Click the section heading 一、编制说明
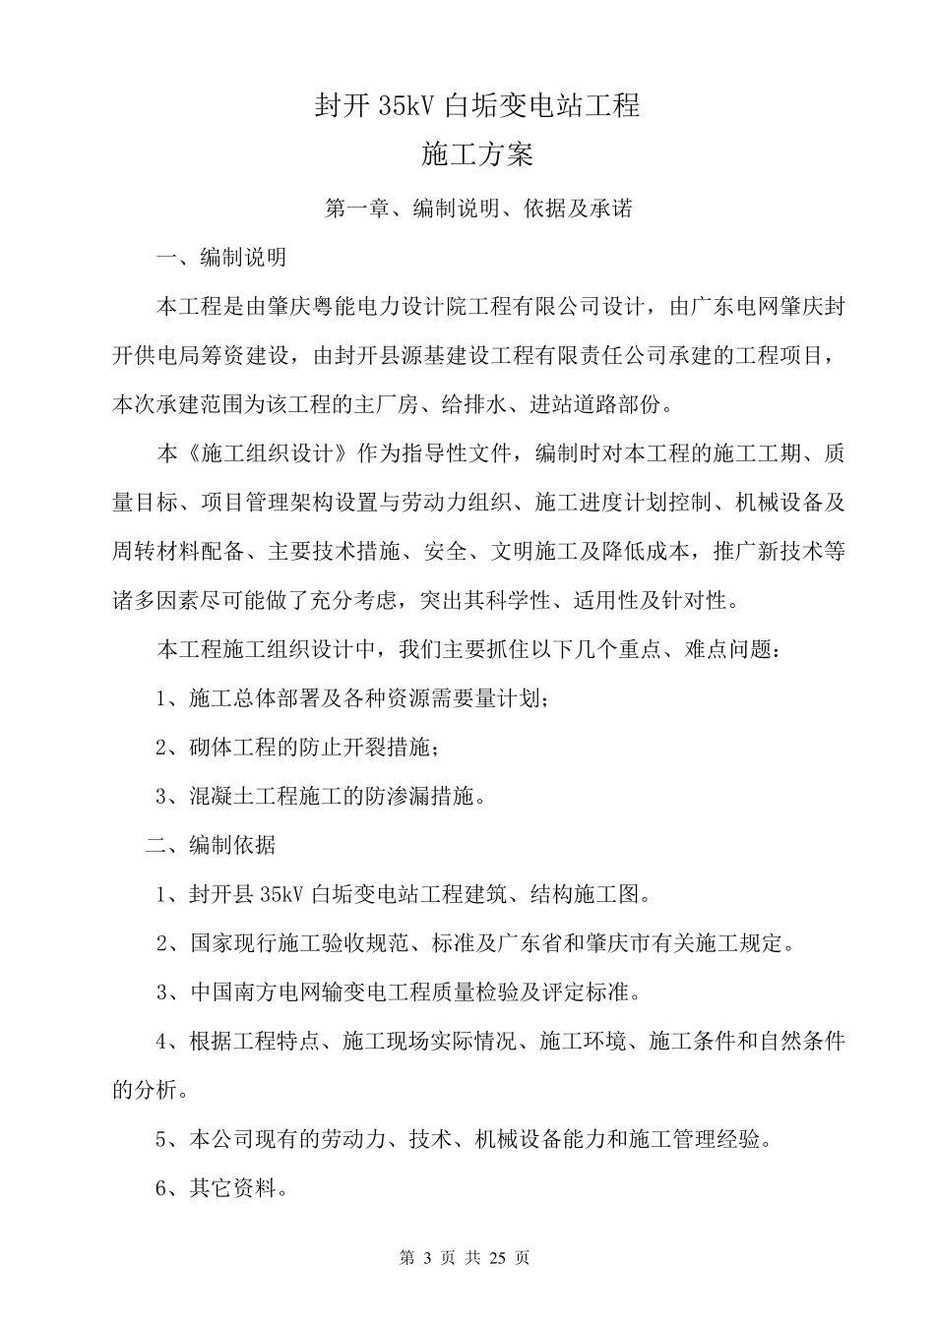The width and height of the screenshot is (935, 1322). pyautogui.click(x=221, y=258)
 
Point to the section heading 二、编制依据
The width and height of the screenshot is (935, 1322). pyautogui.click(x=210, y=845)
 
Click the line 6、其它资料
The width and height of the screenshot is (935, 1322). pyautogui.click(x=221, y=1188)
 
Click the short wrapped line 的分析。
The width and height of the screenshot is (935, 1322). pyautogui.click(x=147, y=1091)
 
